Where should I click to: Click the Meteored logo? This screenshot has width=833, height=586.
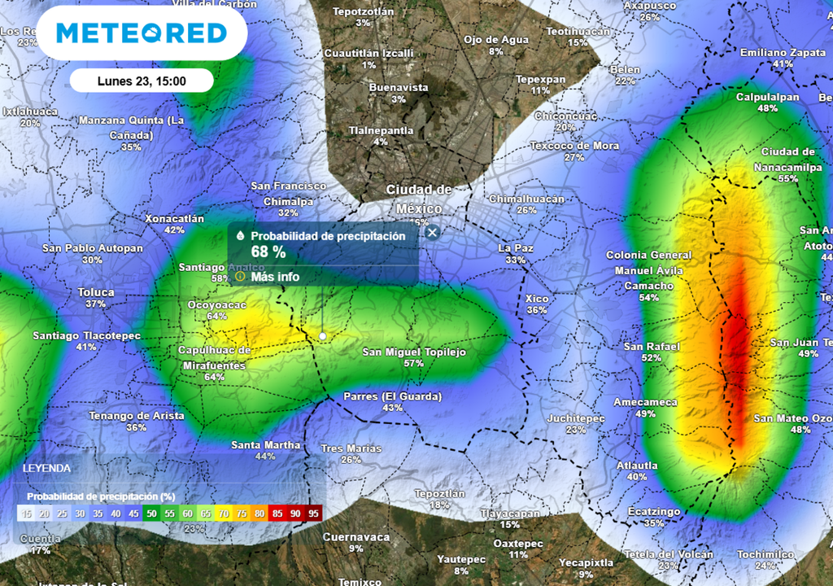click(142, 33)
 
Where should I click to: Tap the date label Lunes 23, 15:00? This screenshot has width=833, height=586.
click(142, 81)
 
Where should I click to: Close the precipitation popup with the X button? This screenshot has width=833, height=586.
click(433, 233)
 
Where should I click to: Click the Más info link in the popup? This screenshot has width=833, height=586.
click(275, 277)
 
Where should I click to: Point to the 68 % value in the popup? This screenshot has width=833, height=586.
click(268, 252)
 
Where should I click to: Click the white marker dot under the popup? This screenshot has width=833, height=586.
click(323, 335)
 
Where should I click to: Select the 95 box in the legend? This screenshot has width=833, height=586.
click(314, 514)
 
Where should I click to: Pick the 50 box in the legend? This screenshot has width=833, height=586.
click(151, 514)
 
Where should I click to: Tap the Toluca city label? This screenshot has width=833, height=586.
click(96, 292)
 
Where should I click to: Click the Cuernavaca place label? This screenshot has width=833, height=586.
click(356, 537)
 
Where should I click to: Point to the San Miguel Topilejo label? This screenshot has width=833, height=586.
click(414, 352)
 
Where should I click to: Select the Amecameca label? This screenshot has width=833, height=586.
click(645, 402)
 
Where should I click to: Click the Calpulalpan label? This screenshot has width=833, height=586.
click(767, 97)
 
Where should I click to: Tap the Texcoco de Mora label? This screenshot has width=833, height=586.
click(574, 146)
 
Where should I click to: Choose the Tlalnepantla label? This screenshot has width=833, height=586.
click(381, 130)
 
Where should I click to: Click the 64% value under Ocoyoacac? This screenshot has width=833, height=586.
click(216, 316)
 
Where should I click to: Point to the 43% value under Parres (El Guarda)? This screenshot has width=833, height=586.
click(393, 408)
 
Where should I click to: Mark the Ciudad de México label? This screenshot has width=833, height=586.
click(419, 199)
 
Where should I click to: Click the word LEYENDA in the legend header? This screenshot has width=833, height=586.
click(46, 469)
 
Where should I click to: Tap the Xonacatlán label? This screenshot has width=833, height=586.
click(174, 218)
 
